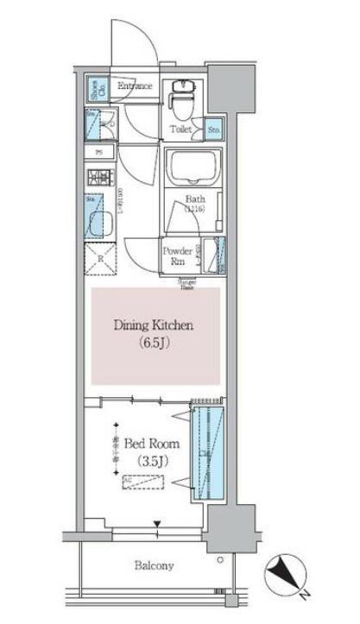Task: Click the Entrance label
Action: [135, 86]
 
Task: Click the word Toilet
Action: [180, 129]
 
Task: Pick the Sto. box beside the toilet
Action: [212, 129]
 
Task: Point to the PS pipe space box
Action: [99, 154]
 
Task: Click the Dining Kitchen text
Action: [155, 325]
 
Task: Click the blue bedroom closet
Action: [208, 451]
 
